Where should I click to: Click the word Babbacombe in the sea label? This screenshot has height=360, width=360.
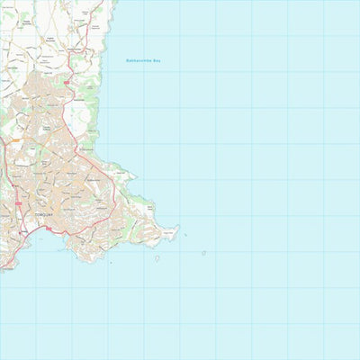137,61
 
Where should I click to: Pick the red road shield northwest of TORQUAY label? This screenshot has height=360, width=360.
17,205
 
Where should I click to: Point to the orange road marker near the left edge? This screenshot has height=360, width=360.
13,140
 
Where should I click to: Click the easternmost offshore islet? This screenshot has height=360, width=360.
203,253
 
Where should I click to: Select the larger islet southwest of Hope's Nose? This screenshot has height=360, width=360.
157,258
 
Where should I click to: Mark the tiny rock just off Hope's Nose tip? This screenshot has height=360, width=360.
186,236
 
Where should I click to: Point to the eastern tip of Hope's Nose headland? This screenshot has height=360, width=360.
178,227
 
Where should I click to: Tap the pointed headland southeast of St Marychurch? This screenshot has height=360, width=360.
135,176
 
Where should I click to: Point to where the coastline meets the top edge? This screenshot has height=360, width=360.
118,2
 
